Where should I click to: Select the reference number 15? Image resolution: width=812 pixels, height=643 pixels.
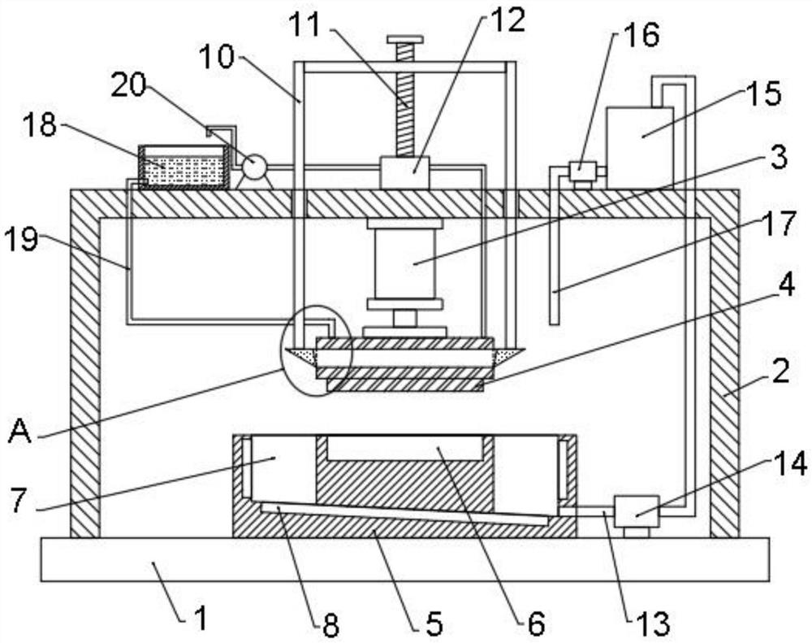766,93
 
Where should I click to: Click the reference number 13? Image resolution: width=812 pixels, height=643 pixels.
654,623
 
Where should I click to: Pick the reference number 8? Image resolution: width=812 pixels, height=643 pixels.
331,624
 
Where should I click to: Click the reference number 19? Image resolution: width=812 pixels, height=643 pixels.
23,241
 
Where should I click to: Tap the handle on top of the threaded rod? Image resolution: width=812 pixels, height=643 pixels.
405,39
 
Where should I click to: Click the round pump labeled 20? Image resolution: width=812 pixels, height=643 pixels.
253,167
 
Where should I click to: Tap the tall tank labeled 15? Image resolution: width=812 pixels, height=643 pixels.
639,146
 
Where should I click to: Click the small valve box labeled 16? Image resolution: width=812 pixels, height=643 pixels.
582,171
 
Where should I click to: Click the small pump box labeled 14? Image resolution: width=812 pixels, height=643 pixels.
634,512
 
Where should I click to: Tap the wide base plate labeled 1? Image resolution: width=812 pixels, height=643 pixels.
405,560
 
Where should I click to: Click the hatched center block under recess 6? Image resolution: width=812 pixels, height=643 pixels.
404,480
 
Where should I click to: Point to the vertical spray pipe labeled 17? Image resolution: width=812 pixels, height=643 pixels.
555,268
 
